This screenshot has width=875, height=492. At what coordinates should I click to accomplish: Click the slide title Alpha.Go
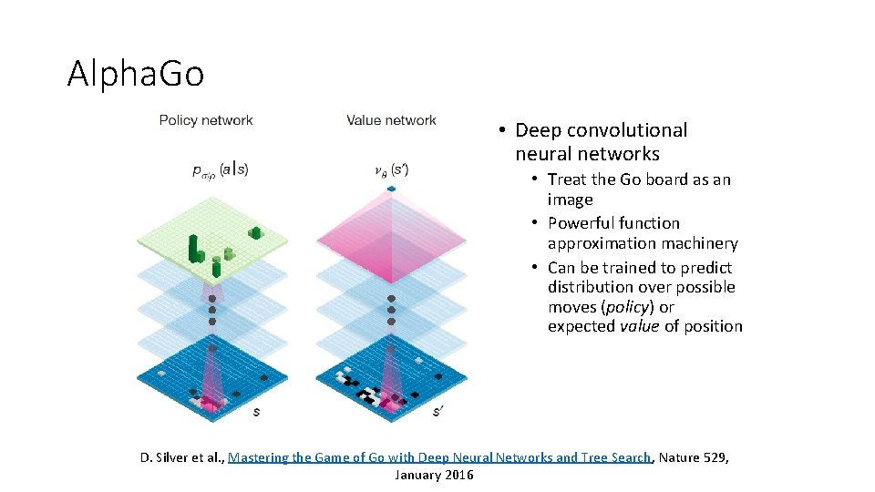[x=136, y=73]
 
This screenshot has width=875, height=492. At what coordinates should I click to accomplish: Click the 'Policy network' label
[x=206, y=120]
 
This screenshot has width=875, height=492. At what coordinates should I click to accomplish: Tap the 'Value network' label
[x=391, y=120]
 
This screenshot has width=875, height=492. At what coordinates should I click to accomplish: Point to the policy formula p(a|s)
[x=220, y=169]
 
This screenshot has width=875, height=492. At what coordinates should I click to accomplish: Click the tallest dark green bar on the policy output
[x=192, y=246]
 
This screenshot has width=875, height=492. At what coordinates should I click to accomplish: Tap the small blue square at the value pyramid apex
[x=392, y=189]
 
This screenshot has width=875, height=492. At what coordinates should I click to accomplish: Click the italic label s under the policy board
[x=256, y=412]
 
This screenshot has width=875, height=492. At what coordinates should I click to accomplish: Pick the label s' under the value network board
[x=437, y=412]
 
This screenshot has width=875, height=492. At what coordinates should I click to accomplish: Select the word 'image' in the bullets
[x=570, y=200]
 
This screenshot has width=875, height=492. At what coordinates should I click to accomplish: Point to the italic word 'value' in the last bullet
[x=639, y=326]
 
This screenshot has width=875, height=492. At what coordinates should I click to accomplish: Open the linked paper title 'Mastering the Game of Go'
[x=439, y=457]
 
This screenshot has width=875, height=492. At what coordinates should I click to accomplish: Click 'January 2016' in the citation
[x=434, y=475]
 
